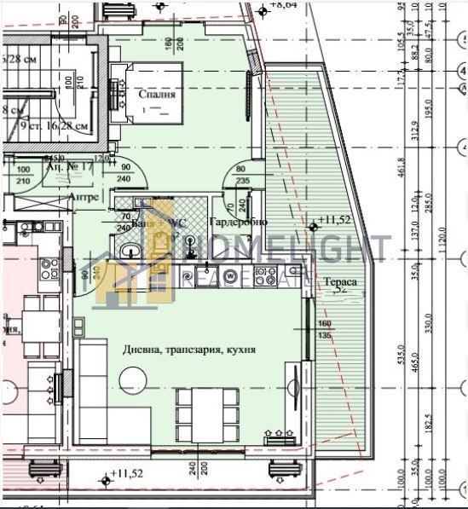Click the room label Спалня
[159, 95]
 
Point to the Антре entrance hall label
[84, 197]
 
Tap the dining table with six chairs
[207, 413]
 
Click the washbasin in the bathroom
[129, 251]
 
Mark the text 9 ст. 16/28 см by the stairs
[55, 125]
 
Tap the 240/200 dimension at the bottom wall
[200, 467]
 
